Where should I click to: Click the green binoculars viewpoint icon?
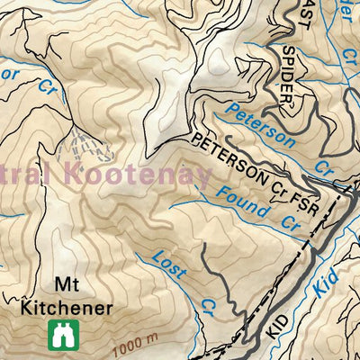pos(63,334)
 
